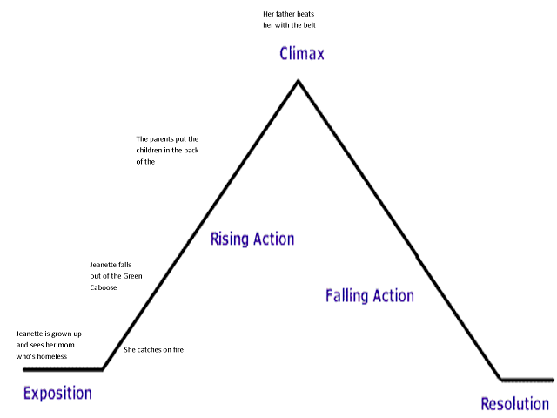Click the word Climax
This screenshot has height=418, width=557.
(301, 54)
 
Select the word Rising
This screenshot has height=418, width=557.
(229, 239)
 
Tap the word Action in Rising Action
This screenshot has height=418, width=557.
(273, 239)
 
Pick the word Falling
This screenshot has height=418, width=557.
(346, 295)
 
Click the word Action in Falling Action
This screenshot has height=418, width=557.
(393, 295)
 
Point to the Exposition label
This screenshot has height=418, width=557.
(57, 393)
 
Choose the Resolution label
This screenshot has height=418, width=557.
(514, 404)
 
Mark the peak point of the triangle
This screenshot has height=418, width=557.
(298, 81)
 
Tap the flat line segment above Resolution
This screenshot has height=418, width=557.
(527, 380)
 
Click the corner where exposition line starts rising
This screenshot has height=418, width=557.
(103, 369)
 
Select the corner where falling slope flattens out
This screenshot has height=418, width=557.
(501, 380)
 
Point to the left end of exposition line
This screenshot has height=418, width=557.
(23, 369)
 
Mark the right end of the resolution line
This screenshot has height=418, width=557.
(554, 380)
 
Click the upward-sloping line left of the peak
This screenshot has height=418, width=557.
(200, 225)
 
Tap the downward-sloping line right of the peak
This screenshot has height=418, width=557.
(399, 230)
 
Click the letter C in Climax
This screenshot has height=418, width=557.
(284, 54)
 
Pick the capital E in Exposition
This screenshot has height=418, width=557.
(27, 393)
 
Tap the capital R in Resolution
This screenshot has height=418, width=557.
(485, 404)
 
